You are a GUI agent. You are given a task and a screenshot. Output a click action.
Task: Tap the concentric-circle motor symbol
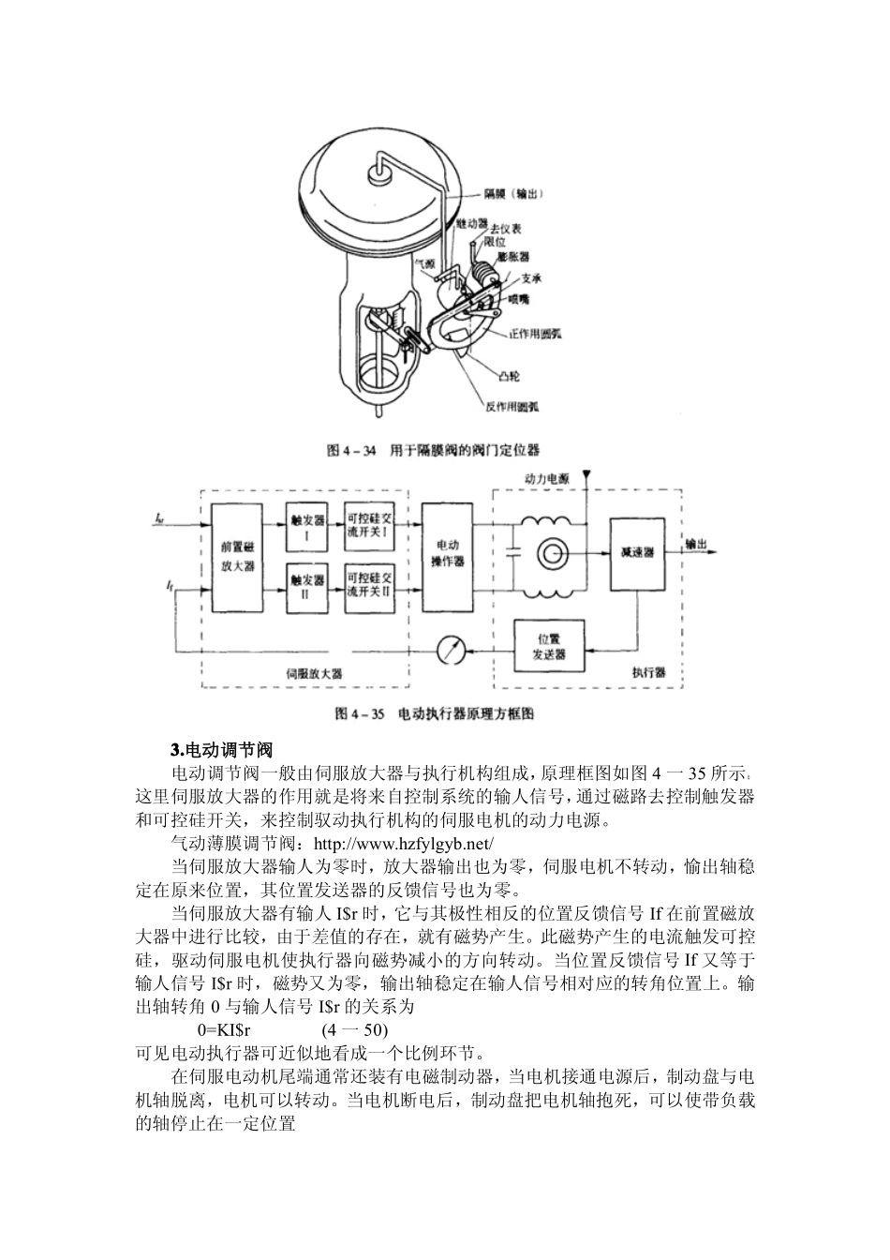tap(551, 553)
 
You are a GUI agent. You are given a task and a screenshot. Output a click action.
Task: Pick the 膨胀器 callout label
tap(512, 256)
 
